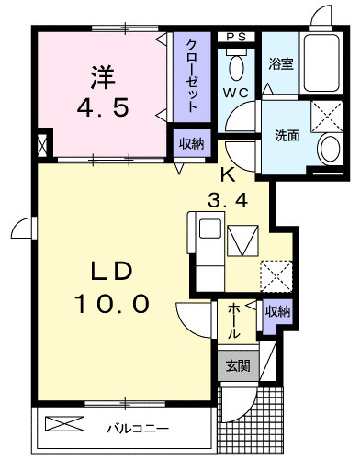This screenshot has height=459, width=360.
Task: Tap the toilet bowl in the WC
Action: click(x=236, y=66)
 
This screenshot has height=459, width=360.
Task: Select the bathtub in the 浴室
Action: click(x=321, y=62)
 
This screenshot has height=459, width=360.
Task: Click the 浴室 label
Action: click(x=281, y=63)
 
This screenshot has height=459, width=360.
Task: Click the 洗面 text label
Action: click(x=287, y=136)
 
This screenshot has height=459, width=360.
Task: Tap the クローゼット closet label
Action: click(x=191, y=76)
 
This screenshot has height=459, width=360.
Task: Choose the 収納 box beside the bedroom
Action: click(x=192, y=143)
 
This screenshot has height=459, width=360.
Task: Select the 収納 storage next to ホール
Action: click(x=277, y=311)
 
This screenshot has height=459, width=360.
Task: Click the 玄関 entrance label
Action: click(x=238, y=365)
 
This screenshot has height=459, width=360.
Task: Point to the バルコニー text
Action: click(x=138, y=429)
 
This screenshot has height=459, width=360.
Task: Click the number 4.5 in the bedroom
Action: click(x=103, y=108)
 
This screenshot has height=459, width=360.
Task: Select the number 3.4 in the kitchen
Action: click(x=228, y=201)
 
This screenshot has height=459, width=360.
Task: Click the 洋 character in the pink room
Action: click(x=103, y=78)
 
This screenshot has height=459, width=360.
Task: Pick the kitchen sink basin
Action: click(x=210, y=229)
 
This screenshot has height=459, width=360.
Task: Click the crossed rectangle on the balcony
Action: click(x=64, y=423)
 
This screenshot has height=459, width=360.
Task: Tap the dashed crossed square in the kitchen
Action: click(x=276, y=276)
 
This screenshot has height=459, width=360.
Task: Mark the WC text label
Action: click(x=235, y=93)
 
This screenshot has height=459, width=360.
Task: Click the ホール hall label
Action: click(x=233, y=320)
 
